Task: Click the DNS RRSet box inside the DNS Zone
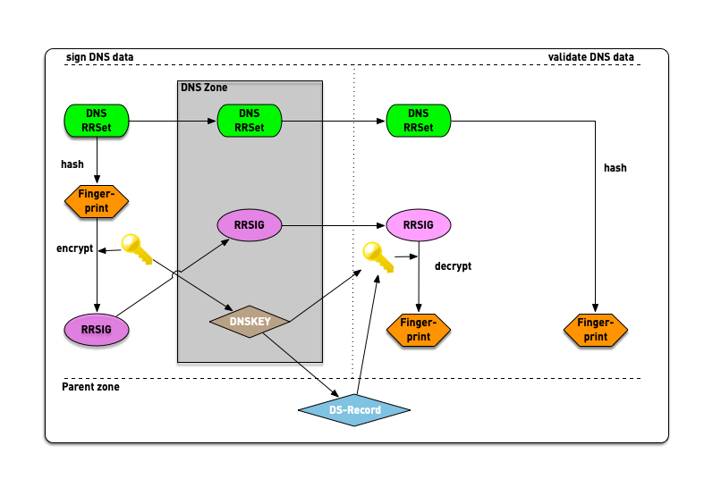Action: [x=250, y=120]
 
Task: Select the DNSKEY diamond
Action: [x=250, y=320]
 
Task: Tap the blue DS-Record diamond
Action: [x=353, y=410]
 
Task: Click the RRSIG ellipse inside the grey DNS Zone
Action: [x=250, y=226]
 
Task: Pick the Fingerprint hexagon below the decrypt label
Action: [x=419, y=330]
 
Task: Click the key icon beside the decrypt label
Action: [x=377, y=257]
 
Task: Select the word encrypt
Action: [x=74, y=248]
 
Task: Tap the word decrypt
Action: [x=453, y=266]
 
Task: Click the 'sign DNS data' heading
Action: [x=100, y=58]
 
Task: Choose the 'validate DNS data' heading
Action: [x=590, y=58]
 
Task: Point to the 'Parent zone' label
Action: [x=90, y=387]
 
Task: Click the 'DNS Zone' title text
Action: [x=204, y=88]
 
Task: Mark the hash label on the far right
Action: [x=615, y=168]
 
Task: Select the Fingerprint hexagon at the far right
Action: [x=596, y=330]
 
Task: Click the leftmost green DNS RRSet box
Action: [x=97, y=120]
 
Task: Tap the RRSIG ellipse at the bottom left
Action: [x=97, y=329]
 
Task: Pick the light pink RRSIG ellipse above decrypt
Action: [x=419, y=226]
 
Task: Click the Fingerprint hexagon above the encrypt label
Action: [x=97, y=201]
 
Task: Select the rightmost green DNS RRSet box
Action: [x=419, y=120]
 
